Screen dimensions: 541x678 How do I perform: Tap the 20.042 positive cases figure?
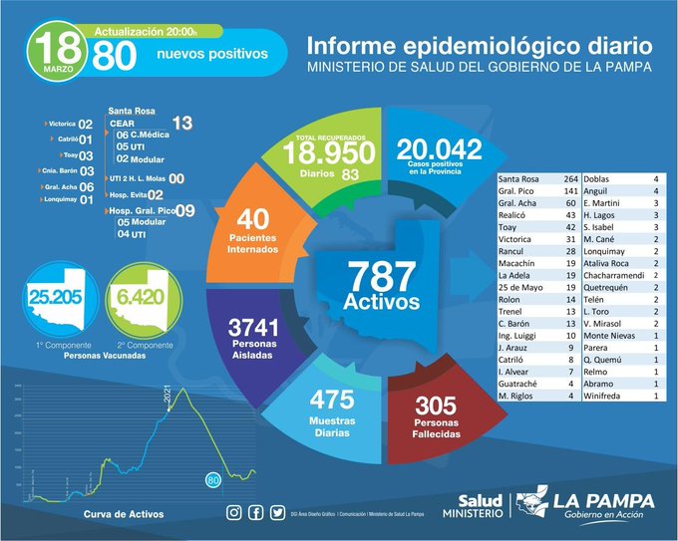[439, 149]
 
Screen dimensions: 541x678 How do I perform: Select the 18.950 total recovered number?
[328, 153]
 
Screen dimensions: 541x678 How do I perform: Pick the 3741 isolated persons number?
[250, 327]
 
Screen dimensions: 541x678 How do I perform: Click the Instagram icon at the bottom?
[233, 513]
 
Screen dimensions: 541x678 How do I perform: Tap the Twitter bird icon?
[276, 513]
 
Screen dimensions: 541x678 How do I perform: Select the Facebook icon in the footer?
[255, 513]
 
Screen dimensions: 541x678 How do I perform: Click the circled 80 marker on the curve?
[212, 480]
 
